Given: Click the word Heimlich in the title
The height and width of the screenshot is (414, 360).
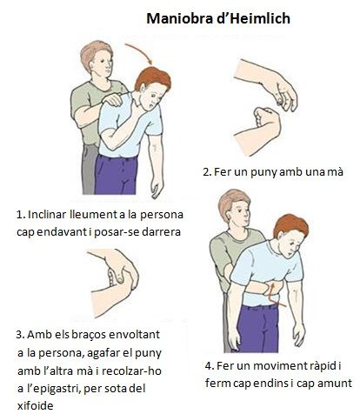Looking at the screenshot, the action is tap(257, 18).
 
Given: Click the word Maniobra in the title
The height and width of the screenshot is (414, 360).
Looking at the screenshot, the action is tap(180, 18).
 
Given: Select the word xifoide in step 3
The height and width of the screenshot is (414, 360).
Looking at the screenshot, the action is tap(36, 405).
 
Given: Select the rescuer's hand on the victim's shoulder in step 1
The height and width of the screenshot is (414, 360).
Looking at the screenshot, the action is tap(114, 99).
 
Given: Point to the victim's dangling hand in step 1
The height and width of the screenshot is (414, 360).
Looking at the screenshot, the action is tap(157, 188).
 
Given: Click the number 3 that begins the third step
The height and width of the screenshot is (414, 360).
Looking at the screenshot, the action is tap(19, 335).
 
